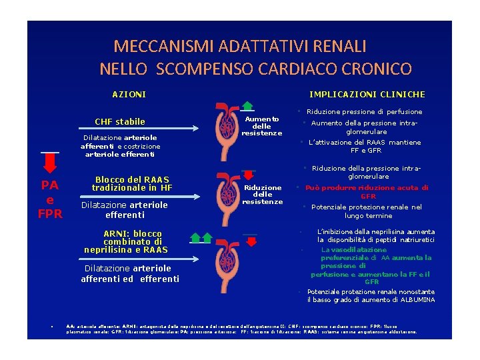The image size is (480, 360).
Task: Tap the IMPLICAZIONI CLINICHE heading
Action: tap(367, 95)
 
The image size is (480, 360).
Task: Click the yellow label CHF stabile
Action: tap(120, 122)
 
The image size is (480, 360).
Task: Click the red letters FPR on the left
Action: tap(50, 214)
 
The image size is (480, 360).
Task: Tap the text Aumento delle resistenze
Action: tap(262, 126)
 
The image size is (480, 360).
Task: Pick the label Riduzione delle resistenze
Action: tap(262, 194)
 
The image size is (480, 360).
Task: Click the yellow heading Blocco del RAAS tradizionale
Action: tap(132, 183)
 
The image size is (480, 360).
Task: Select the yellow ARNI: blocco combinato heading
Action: tap(126, 241)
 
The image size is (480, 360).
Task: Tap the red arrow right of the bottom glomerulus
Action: tap(249, 239)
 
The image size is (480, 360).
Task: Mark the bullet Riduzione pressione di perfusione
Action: tap(364, 112)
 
